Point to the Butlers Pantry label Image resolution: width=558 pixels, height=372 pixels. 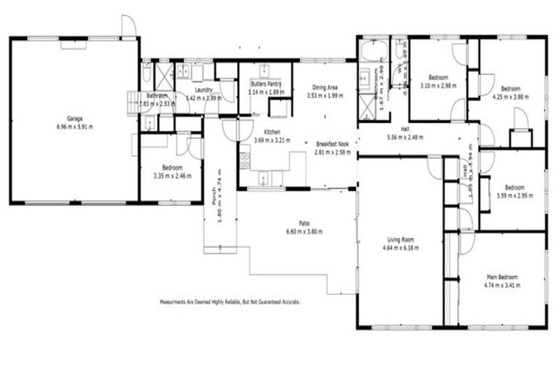(265, 84)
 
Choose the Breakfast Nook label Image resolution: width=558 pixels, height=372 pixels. (333, 144)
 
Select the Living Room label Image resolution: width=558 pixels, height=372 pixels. (400, 239)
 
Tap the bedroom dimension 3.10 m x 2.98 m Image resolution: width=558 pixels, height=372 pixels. (438, 86)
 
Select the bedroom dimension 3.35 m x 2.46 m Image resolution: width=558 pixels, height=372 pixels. (171, 176)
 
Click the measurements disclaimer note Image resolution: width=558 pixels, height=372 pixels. (230, 301)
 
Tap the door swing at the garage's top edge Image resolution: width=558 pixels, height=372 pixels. (129, 26)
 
